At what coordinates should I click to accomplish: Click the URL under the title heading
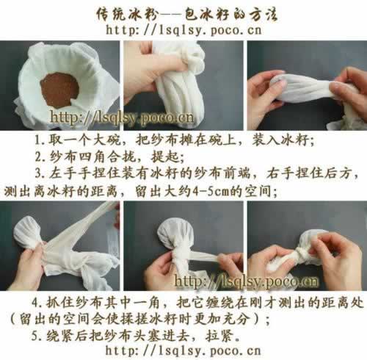click(183, 30)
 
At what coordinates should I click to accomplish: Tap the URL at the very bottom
click(183, 350)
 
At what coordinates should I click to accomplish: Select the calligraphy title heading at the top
click(186, 14)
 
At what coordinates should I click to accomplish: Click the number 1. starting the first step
click(40, 140)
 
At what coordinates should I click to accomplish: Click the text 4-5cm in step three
click(211, 191)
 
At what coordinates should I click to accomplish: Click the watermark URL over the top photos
click(122, 118)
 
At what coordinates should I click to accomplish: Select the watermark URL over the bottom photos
click(246, 281)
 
